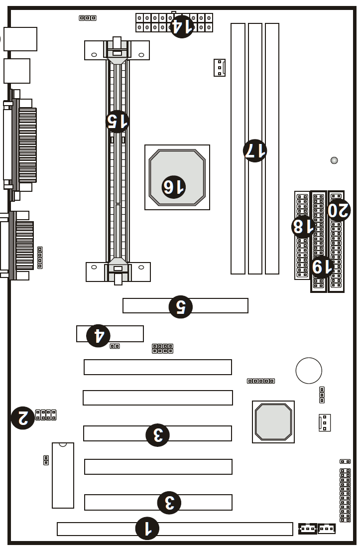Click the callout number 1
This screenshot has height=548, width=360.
[x=147, y=528]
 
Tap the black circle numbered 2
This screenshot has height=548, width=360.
[x=23, y=417]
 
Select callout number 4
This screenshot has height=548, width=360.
[x=99, y=335]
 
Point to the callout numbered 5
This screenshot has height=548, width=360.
[x=181, y=307]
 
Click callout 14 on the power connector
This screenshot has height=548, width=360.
[x=182, y=26]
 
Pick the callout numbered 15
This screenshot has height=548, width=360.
[x=118, y=121]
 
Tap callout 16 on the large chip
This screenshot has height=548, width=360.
[x=174, y=187]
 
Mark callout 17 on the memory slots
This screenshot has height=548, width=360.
[x=255, y=150]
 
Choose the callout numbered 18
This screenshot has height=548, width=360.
[x=303, y=227]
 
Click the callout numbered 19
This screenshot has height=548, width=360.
[x=322, y=267]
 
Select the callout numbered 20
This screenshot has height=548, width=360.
[x=339, y=210]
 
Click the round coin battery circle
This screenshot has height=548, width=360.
[x=309, y=371]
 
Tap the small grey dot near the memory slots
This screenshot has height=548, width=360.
[x=334, y=160]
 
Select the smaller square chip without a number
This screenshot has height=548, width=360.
[x=273, y=422]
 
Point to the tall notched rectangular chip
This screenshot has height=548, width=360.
[x=63, y=475]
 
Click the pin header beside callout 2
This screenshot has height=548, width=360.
[x=46, y=415]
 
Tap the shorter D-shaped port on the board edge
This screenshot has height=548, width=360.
[x=17, y=245]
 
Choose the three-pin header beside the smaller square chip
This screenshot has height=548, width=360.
[x=325, y=422]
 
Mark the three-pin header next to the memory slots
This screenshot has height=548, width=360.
[x=220, y=67]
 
